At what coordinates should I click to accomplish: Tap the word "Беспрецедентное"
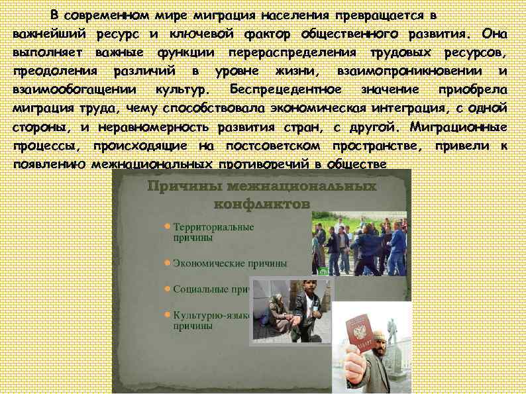pyautogui.click(x=286, y=89)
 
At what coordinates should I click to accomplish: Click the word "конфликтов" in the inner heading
pyautogui.click(x=262, y=203)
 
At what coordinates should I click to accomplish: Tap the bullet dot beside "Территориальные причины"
pyautogui.click(x=167, y=226)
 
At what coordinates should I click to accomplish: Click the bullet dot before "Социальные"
pyautogui.click(x=167, y=289)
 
